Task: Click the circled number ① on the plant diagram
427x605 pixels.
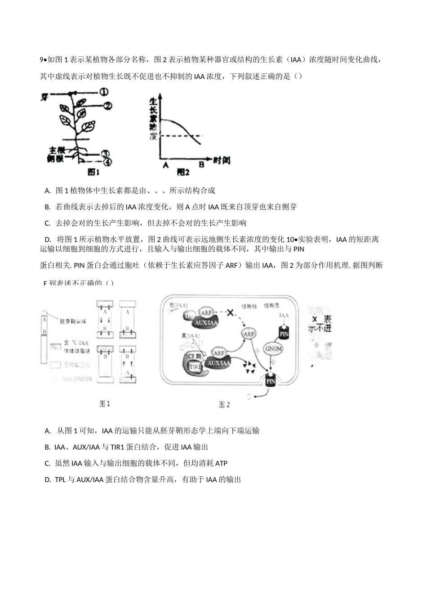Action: (104, 92)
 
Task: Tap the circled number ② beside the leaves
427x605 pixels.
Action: (107, 106)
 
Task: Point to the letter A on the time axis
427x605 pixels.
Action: (165, 165)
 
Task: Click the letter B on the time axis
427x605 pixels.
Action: (201, 165)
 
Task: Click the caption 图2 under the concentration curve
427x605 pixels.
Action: (183, 172)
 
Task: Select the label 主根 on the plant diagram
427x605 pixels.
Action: (57, 150)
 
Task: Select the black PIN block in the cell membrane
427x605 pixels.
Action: (271, 381)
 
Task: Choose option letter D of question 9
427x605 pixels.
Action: (47, 239)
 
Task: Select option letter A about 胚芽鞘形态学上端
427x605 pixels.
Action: (48, 431)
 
